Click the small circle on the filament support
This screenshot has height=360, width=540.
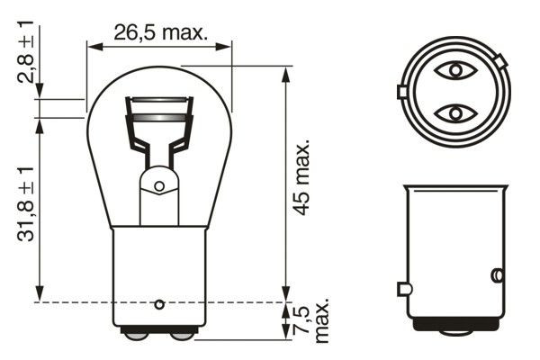159,186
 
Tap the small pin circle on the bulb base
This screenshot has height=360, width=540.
159,302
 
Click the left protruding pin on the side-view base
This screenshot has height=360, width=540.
402,289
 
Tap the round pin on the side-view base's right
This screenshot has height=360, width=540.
495,274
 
